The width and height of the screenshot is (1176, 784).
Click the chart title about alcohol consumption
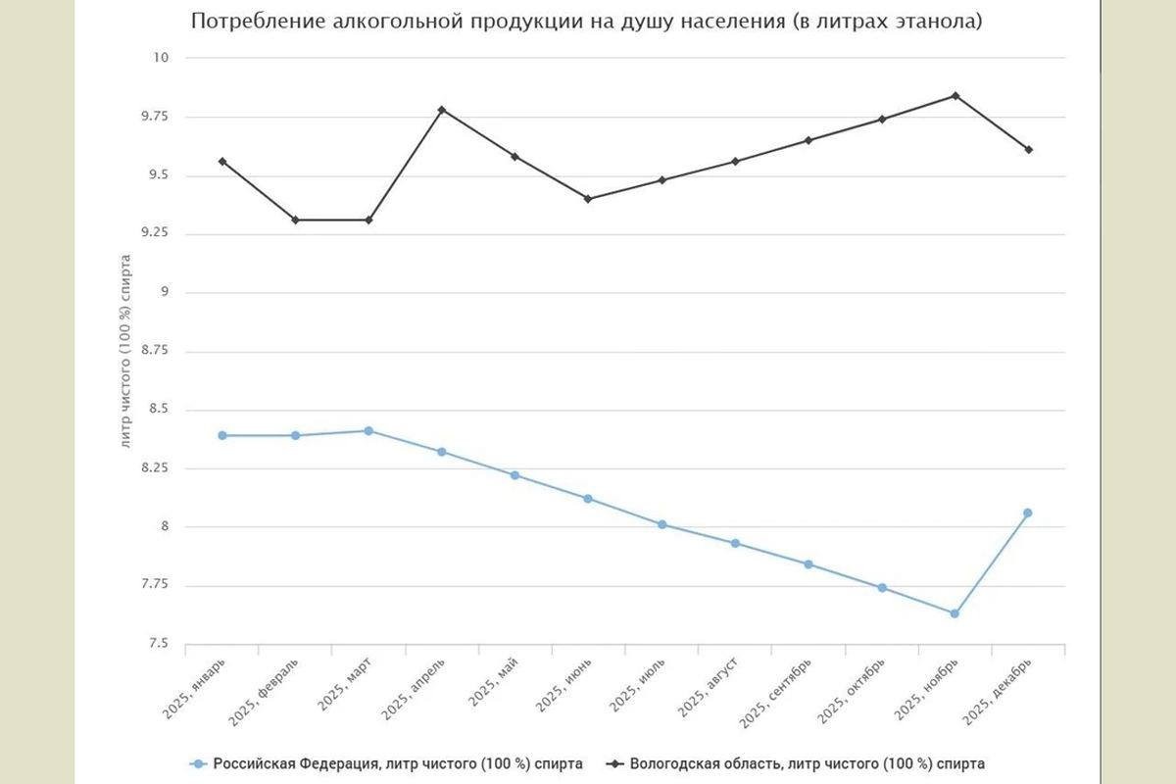click(x=586, y=21)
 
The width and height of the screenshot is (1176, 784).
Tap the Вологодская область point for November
click(x=955, y=96)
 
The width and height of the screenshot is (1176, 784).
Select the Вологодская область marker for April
click(x=442, y=110)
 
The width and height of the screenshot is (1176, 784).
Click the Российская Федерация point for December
click(x=1028, y=513)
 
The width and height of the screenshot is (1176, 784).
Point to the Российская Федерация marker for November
click(x=955, y=613)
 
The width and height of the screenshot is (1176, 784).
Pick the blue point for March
click(x=368, y=431)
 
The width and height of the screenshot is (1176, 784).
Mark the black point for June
click(x=588, y=199)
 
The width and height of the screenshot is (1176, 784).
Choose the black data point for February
click(x=295, y=220)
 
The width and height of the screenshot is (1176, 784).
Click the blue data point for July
click(x=662, y=524)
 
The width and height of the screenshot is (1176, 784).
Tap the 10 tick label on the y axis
click(x=161, y=58)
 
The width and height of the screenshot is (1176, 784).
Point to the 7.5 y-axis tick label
click(x=157, y=644)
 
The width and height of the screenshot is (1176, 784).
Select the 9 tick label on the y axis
click(x=165, y=292)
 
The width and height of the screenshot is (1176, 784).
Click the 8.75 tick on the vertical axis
click(x=154, y=351)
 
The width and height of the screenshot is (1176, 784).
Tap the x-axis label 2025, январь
click(x=198, y=690)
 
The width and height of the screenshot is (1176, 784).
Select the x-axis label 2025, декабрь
click(x=999, y=692)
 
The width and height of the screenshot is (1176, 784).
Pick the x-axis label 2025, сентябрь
click(x=777, y=694)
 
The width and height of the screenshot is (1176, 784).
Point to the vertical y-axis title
click(x=125, y=351)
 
